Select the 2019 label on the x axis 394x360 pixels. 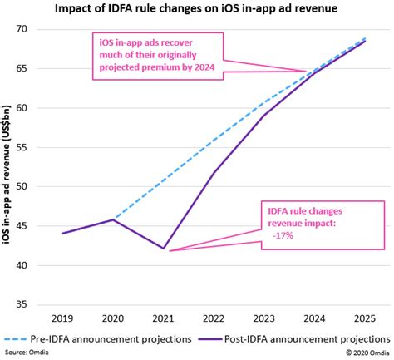[62, 318]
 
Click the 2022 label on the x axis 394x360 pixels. [215, 318]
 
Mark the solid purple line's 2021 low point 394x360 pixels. [165, 249]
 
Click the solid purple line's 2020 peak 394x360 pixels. [113, 219]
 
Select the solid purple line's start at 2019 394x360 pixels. [62, 234]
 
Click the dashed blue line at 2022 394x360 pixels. [215, 140]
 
